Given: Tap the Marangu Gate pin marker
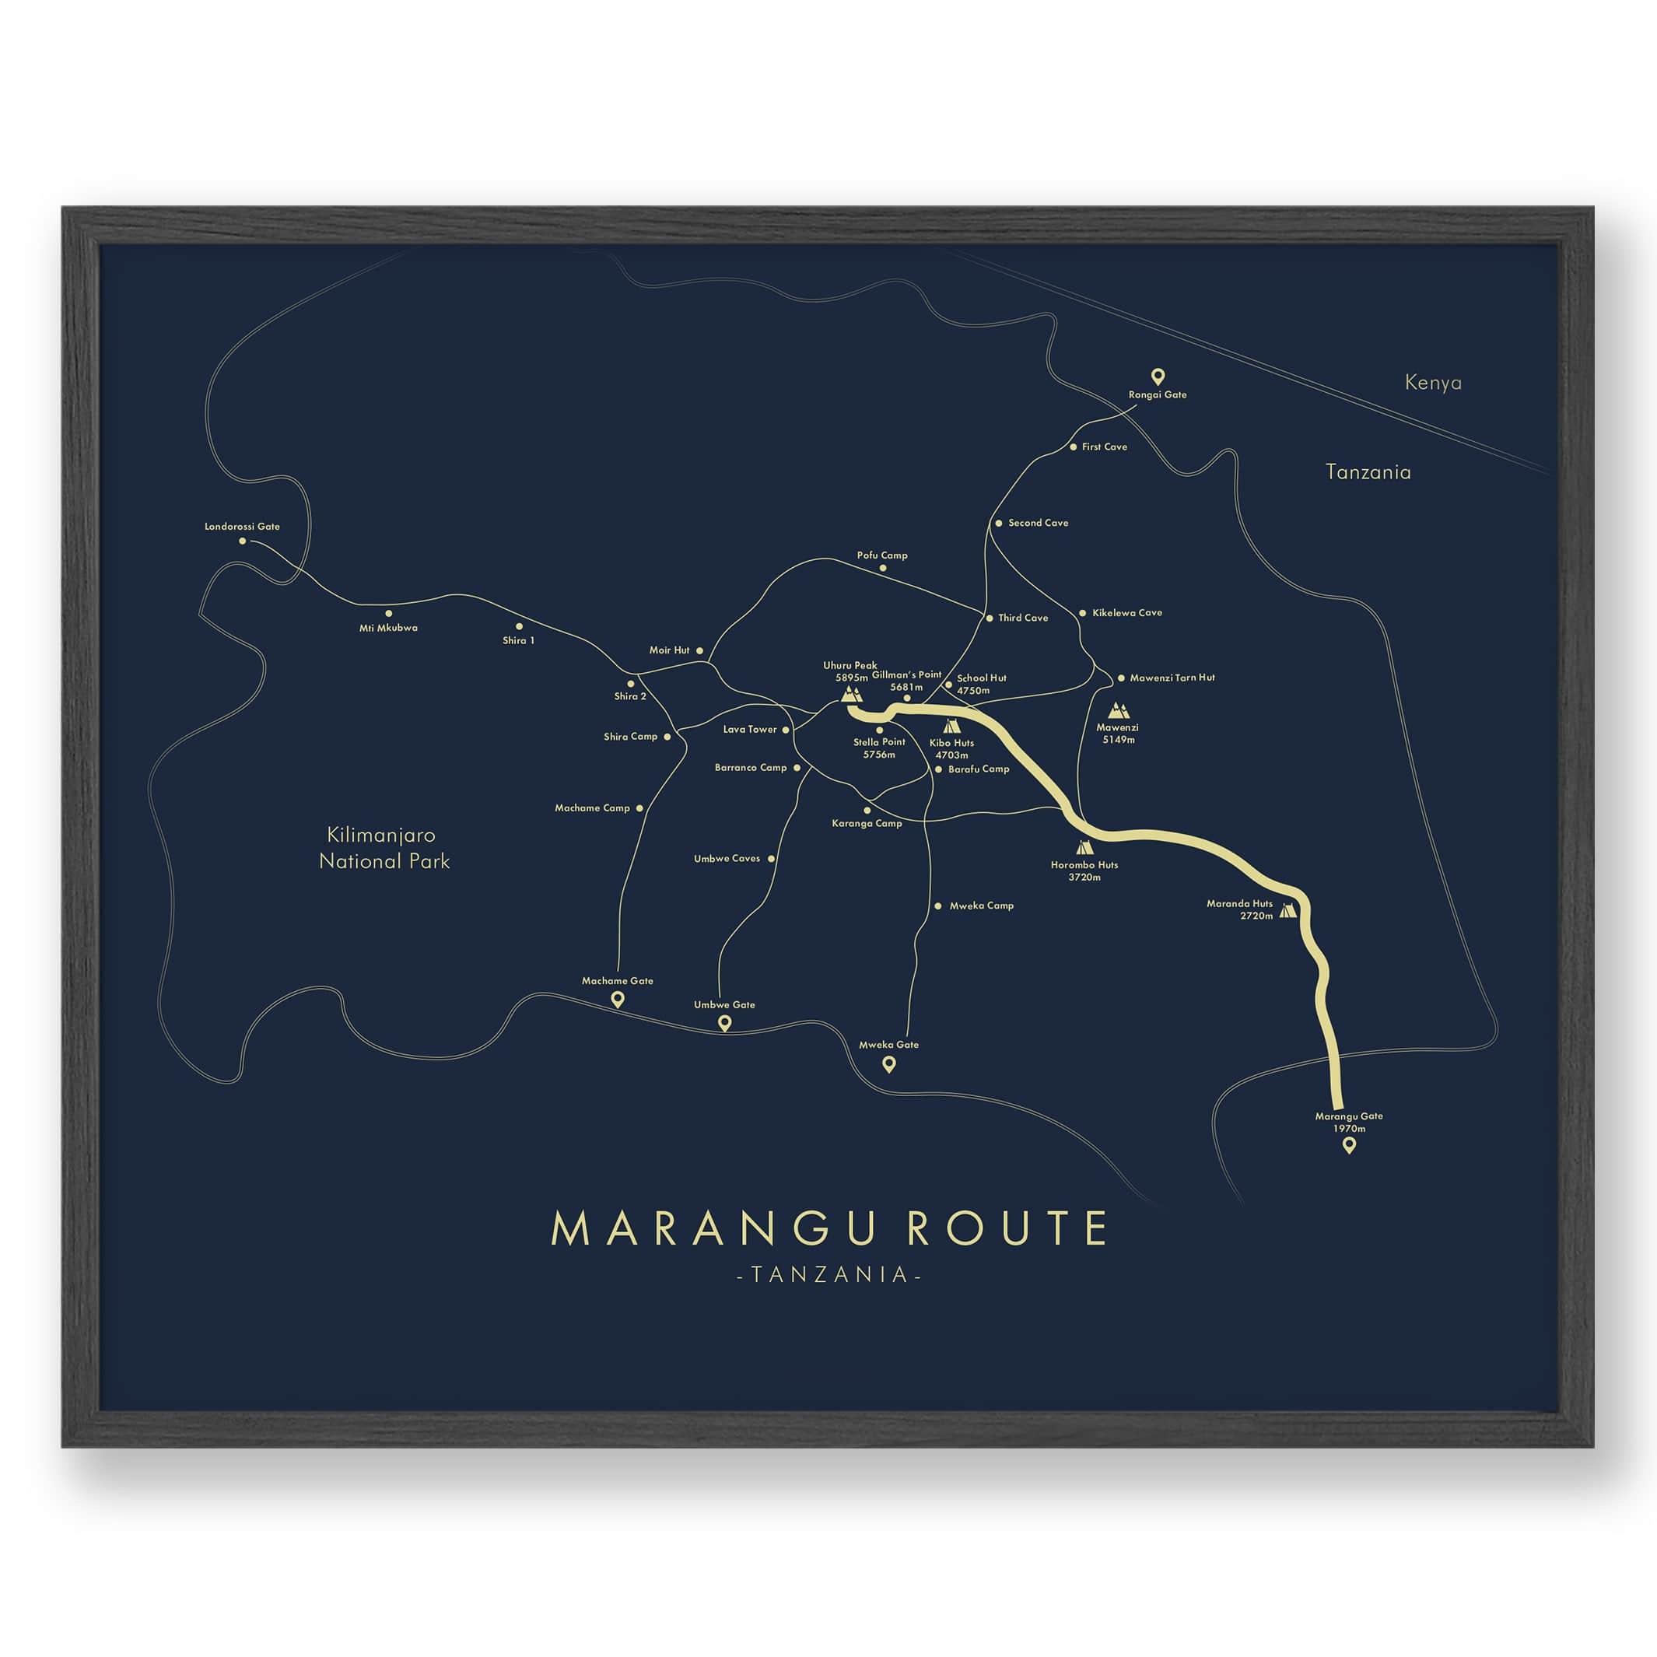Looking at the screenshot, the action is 1349,1145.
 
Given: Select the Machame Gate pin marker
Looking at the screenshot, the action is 617,999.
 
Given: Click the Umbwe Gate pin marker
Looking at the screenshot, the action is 723,1023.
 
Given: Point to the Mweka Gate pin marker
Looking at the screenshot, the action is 889,1064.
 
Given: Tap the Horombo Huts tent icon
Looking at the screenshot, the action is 1085,848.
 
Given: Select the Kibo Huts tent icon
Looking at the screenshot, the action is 951,727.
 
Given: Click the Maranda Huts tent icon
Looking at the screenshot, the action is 1287,911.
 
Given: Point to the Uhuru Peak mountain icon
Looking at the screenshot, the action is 851,693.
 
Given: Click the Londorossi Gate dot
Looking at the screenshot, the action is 243,541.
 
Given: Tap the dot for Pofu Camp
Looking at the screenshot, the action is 882,568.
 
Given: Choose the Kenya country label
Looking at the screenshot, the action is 1433,383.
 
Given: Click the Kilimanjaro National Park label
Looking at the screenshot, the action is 384,848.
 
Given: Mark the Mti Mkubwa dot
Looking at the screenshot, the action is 388,613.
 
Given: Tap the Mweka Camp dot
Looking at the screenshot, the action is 938,906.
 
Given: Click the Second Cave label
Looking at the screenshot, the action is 1038,522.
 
